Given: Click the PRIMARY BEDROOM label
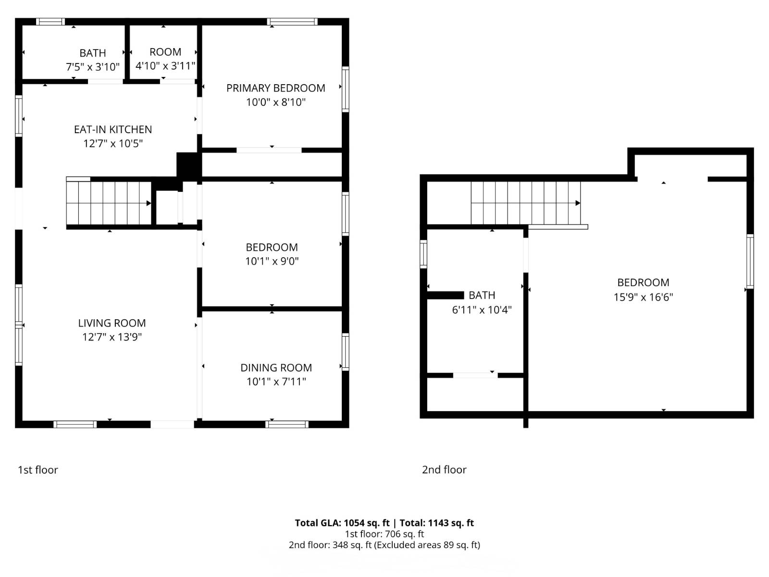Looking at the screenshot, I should (x=275, y=88).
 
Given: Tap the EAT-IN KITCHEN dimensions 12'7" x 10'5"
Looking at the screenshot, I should (x=113, y=143).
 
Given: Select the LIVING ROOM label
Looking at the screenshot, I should (x=112, y=323).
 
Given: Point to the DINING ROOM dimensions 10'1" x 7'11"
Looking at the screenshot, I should (x=276, y=382).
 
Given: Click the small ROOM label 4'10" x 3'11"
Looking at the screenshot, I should (x=165, y=52).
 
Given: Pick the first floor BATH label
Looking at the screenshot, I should (x=92, y=53).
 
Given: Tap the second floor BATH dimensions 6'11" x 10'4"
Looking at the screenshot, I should (x=482, y=310).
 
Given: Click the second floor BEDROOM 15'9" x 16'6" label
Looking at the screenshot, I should (x=643, y=283).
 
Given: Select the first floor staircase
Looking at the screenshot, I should (x=109, y=203).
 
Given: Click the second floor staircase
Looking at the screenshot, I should (x=525, y=203).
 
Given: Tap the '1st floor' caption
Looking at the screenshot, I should (x=37, y=470).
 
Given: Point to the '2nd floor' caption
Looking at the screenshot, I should (x=444, y=470).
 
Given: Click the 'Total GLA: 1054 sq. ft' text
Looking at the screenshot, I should (x=342, y=523).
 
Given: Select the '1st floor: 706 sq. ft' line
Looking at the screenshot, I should (x=384, y=534).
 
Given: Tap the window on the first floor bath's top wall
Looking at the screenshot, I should (x=50, y=22).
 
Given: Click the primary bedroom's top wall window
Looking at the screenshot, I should (x=292, y=22).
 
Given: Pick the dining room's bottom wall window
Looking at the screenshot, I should (x=287, y=424).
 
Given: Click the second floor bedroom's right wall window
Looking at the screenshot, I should (x=750, y=261).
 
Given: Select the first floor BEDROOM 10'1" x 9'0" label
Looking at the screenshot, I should (x=272, y=248).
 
